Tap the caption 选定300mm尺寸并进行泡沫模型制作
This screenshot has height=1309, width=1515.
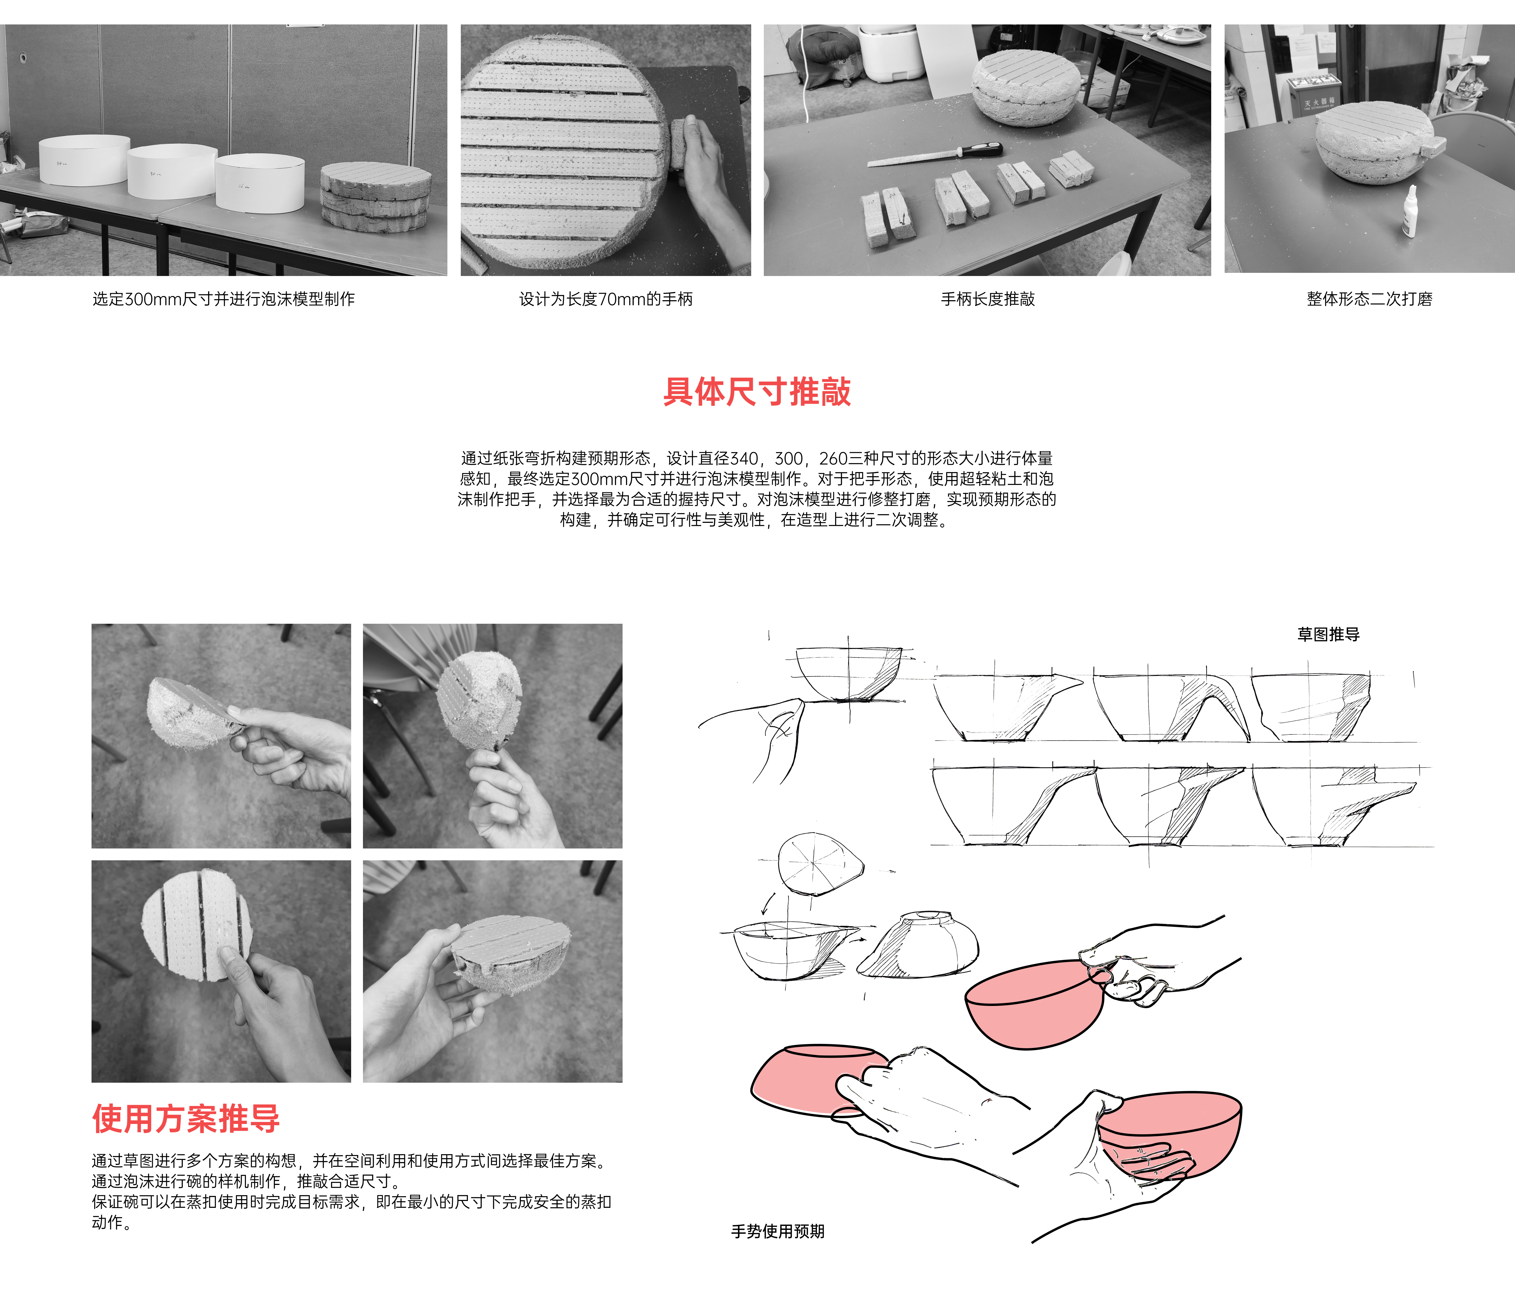(x=224, y=299)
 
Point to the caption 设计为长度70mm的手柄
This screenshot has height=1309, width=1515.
(x=605, y=299)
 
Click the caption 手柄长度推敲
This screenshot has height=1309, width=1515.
(x=988, y=299)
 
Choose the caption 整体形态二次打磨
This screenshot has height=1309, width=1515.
(x=1370, y=299)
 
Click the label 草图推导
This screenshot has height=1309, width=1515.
(x=1329, y=635)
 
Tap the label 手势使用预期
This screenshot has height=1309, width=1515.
(x=778, y=1231)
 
